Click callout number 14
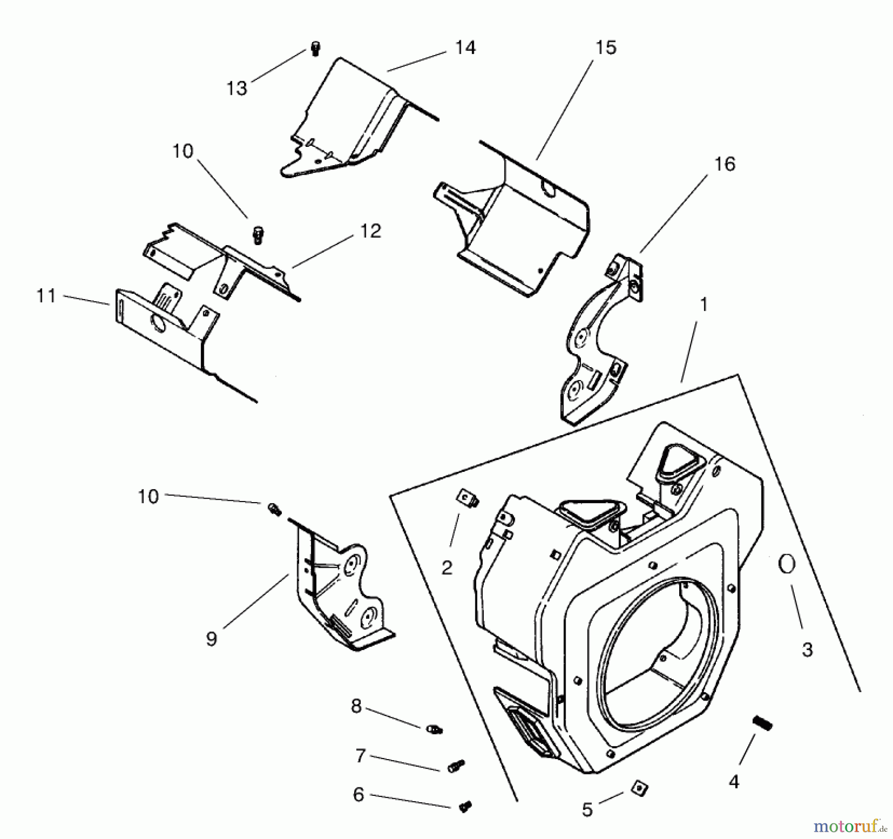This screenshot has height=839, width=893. tap(465, 48)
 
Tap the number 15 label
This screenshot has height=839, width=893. tap(605, 48)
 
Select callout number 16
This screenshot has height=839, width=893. tap(724, 164)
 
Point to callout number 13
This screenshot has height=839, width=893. tap(237, 89)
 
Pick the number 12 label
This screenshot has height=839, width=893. tap(371, 231)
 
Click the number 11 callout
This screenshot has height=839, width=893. tap(46, 296)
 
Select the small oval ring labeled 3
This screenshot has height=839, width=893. tap(786, 564)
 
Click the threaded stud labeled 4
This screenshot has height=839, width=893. tap(763, 722)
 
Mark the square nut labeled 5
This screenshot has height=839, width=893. tap(639, 788)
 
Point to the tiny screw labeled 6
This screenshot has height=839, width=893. tap(465, 807)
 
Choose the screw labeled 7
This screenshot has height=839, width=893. tap(456, 766)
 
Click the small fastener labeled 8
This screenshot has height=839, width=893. tap(434, 729)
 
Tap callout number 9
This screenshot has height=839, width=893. tap(211, 639)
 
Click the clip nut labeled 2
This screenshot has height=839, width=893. tap(467, 497)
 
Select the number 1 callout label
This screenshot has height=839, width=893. tap(703, 305)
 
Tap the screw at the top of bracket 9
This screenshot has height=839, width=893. tap(274, 509)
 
